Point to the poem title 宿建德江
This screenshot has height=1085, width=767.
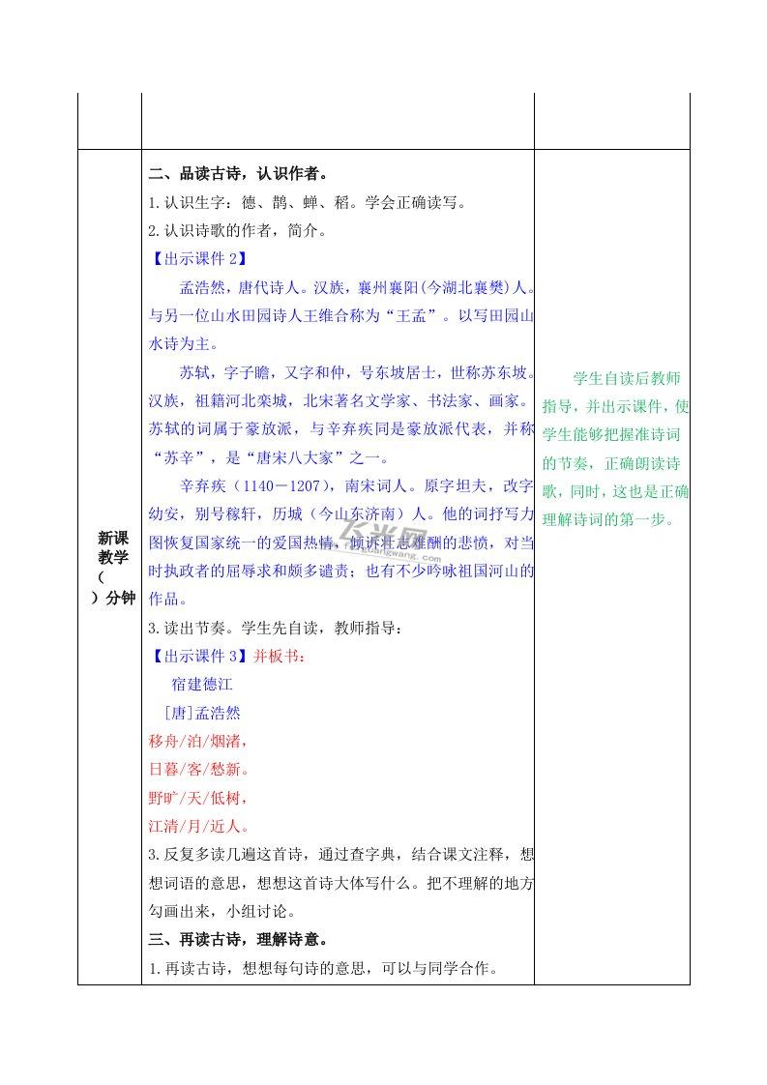(x=202, y=685)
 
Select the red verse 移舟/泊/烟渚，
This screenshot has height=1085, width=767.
(x=199, y=741)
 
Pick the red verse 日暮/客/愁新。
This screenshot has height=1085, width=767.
(x=199, y=770)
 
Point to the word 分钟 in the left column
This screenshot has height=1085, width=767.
(x=121, y=598)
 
